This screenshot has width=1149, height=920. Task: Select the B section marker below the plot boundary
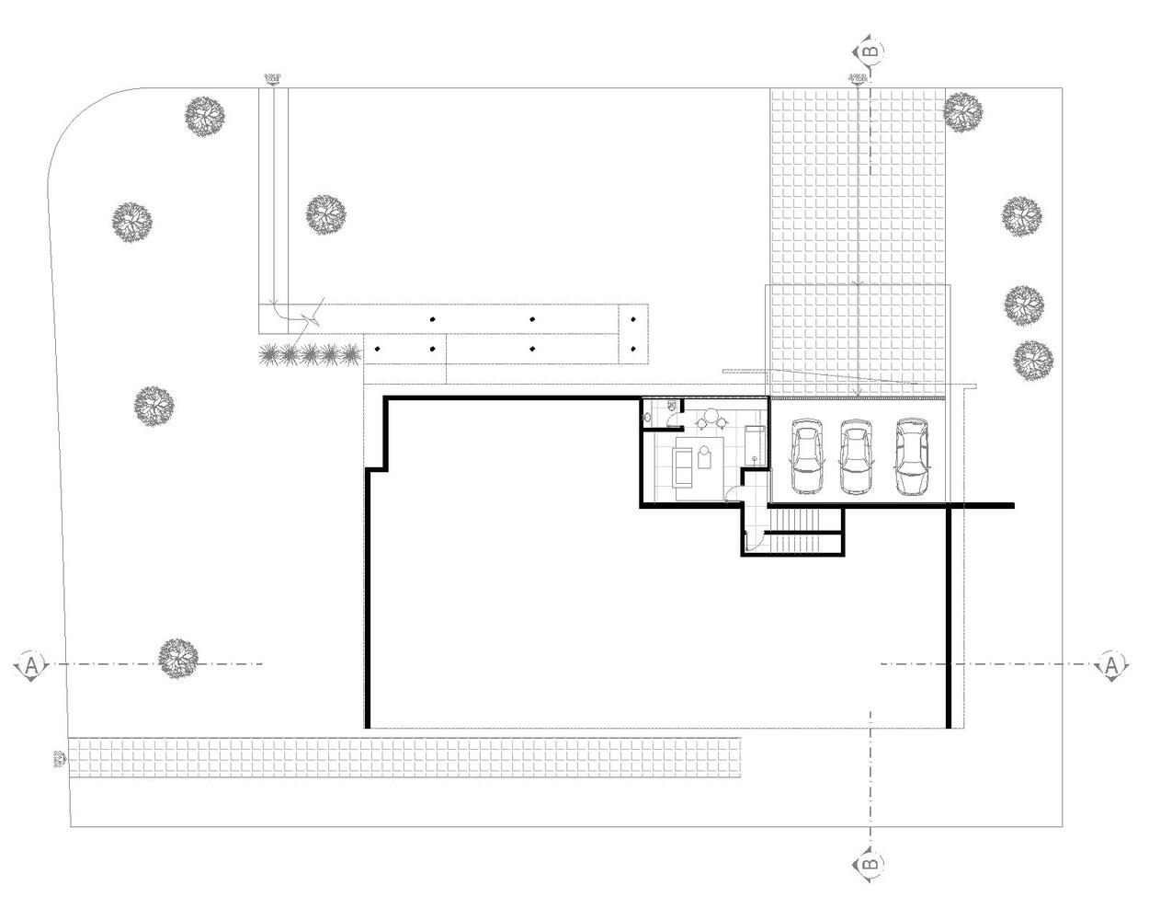pos(870,865)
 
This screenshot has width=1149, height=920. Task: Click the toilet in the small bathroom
pos(672,405)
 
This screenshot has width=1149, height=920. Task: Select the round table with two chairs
pos(715,420)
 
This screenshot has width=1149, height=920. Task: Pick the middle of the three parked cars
pos(856,458)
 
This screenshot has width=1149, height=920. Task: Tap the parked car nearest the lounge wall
pos(806,457)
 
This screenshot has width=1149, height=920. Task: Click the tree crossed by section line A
pos(177,658)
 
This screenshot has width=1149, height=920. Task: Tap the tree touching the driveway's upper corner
pos(963,111)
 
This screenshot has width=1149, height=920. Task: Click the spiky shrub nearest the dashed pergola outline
pos(349,353)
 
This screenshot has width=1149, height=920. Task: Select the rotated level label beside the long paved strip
pos(60,759)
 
